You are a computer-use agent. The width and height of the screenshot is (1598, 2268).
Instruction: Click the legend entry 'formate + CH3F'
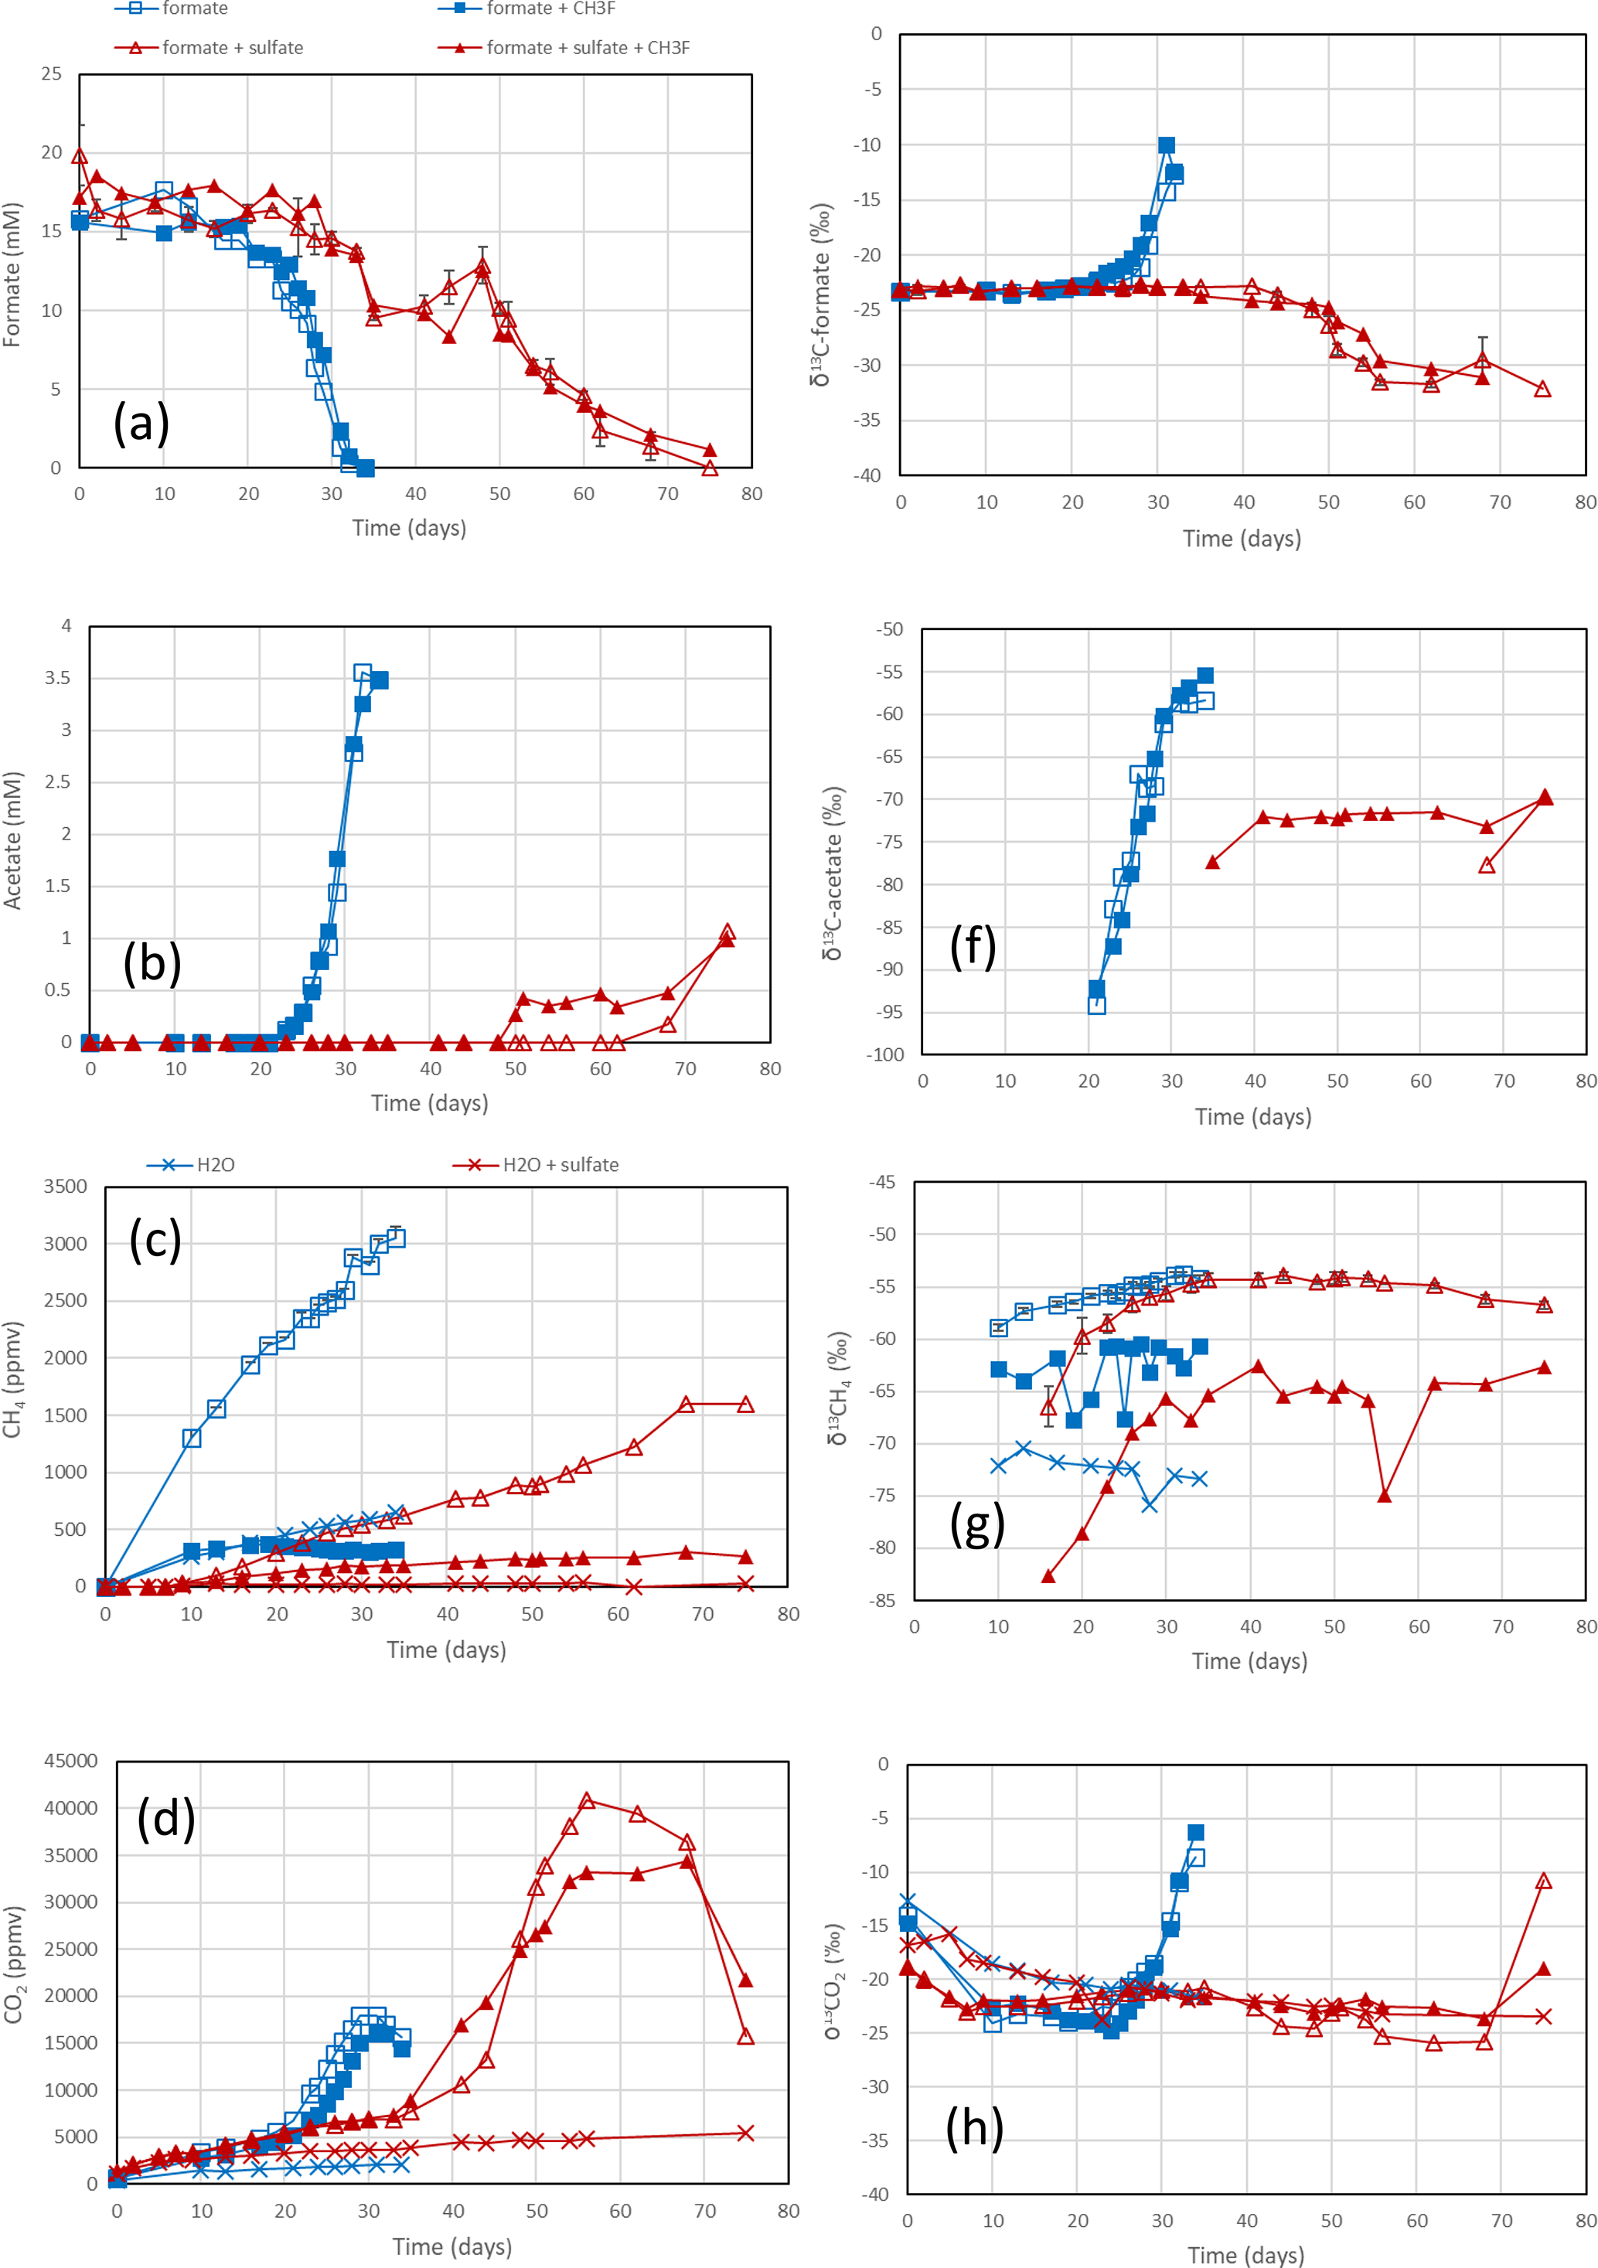point(550,9)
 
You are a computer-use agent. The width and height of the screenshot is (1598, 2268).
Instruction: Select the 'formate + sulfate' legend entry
point(232,47)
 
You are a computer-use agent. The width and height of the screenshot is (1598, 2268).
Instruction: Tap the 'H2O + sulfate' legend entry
point(560,1165)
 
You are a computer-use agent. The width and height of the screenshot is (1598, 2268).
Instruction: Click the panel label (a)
point(141,423)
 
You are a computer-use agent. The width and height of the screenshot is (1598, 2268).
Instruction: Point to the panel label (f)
point(972,946)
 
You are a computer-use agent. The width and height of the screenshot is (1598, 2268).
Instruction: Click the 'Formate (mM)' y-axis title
point(12,274)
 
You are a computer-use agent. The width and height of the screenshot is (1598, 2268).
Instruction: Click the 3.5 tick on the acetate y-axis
point(58,678)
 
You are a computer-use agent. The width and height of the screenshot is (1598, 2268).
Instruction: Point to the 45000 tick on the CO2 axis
point(71,1760)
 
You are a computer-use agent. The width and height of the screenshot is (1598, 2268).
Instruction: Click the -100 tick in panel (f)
point(885,1054)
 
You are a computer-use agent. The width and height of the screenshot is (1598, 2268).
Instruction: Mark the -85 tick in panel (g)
point(882,1599)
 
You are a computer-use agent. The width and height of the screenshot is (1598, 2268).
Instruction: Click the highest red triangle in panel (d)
point(587,1800)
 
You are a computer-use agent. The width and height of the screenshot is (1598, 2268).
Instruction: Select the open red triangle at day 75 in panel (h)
point(1544,1881)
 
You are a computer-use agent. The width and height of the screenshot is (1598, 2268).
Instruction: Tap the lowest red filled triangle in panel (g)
point(1048,1575)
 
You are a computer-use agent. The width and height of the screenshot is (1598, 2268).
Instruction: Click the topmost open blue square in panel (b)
point(363,673)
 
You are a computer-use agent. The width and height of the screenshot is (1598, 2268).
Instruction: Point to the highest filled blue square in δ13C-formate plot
point(1167,145)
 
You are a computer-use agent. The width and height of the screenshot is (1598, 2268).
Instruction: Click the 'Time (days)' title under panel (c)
point(446,1650)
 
